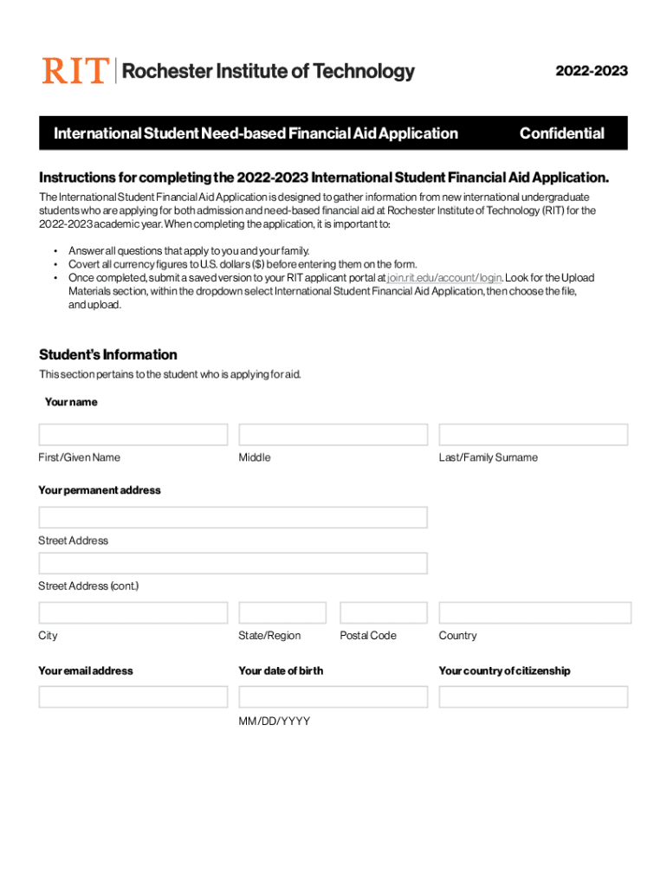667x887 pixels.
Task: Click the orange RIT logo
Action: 76,70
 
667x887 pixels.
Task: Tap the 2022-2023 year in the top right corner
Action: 592,71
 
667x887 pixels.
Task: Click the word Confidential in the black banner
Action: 561,133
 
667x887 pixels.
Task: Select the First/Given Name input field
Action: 133,435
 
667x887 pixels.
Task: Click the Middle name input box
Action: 333,435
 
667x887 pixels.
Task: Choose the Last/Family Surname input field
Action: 533,435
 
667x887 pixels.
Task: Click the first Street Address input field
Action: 233,518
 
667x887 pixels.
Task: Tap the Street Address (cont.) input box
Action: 233,563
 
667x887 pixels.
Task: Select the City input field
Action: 133,613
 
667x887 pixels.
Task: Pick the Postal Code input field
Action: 383,613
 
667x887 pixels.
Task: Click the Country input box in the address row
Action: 534,613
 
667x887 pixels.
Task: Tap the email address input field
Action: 133,697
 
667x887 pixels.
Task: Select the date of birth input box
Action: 333,697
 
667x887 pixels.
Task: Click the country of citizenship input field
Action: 533,697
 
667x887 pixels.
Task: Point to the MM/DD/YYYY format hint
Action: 274,722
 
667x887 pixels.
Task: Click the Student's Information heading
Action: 108,355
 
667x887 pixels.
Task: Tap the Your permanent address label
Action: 100,490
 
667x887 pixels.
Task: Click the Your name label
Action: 71,402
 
